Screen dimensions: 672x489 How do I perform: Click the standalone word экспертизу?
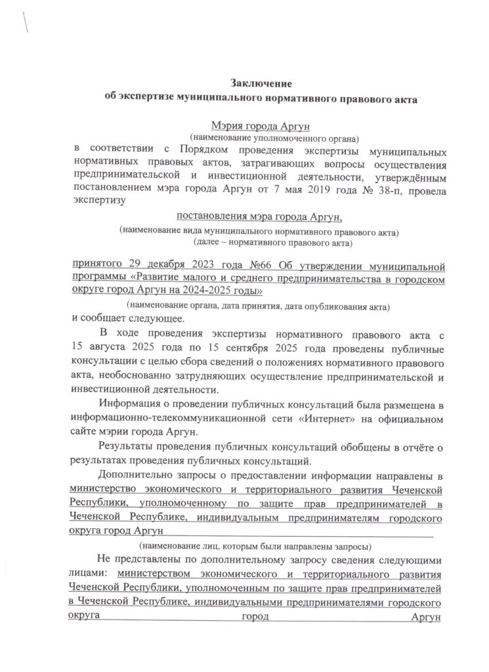[x=99, y=203]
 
